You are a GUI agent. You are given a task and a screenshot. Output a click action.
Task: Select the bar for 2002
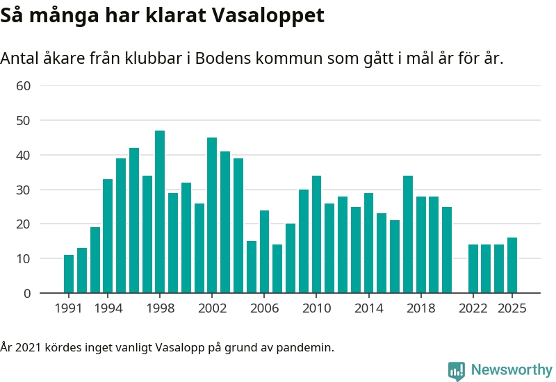pyautogui.click(x=212, y=215)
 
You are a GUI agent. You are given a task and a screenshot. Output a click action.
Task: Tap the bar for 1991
pyautogui.click(x=69, y=274)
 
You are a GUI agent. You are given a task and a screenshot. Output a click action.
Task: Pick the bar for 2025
pyautogui.click(x=512, y=265)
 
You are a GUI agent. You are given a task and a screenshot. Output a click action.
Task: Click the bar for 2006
pyautogui.click(x=264, y=251)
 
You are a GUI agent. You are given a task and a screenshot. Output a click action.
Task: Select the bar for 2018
pyautogui.click(x=420, y=244)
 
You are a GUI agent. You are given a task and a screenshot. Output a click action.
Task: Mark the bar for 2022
pyautogui.click(x=473, y=269)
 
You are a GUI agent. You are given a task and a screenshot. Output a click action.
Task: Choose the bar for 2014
pyautogui.click(x=368, y=243)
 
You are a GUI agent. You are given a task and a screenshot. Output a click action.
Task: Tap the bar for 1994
pyautogui.click(x=108, y=236)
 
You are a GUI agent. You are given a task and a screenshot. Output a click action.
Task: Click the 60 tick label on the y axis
pyautogui.click(x=23, y=86)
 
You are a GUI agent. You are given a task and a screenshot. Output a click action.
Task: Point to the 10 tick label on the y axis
pyautogui.click(x=23, y=259)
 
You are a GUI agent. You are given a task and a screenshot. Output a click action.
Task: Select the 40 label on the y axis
pyautogui.click(x=23, y=156)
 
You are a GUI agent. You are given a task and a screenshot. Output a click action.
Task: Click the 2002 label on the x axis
pyautogui.click(x=212, y=308)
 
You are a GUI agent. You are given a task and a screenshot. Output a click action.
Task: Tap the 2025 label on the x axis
pyautogui.click(x=512, y=308)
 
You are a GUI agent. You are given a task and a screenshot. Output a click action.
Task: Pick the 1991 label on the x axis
pyautogui.click(x=69, y=308)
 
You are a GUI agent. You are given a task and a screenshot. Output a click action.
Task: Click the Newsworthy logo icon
pyautogui.click(x=457, y=371)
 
